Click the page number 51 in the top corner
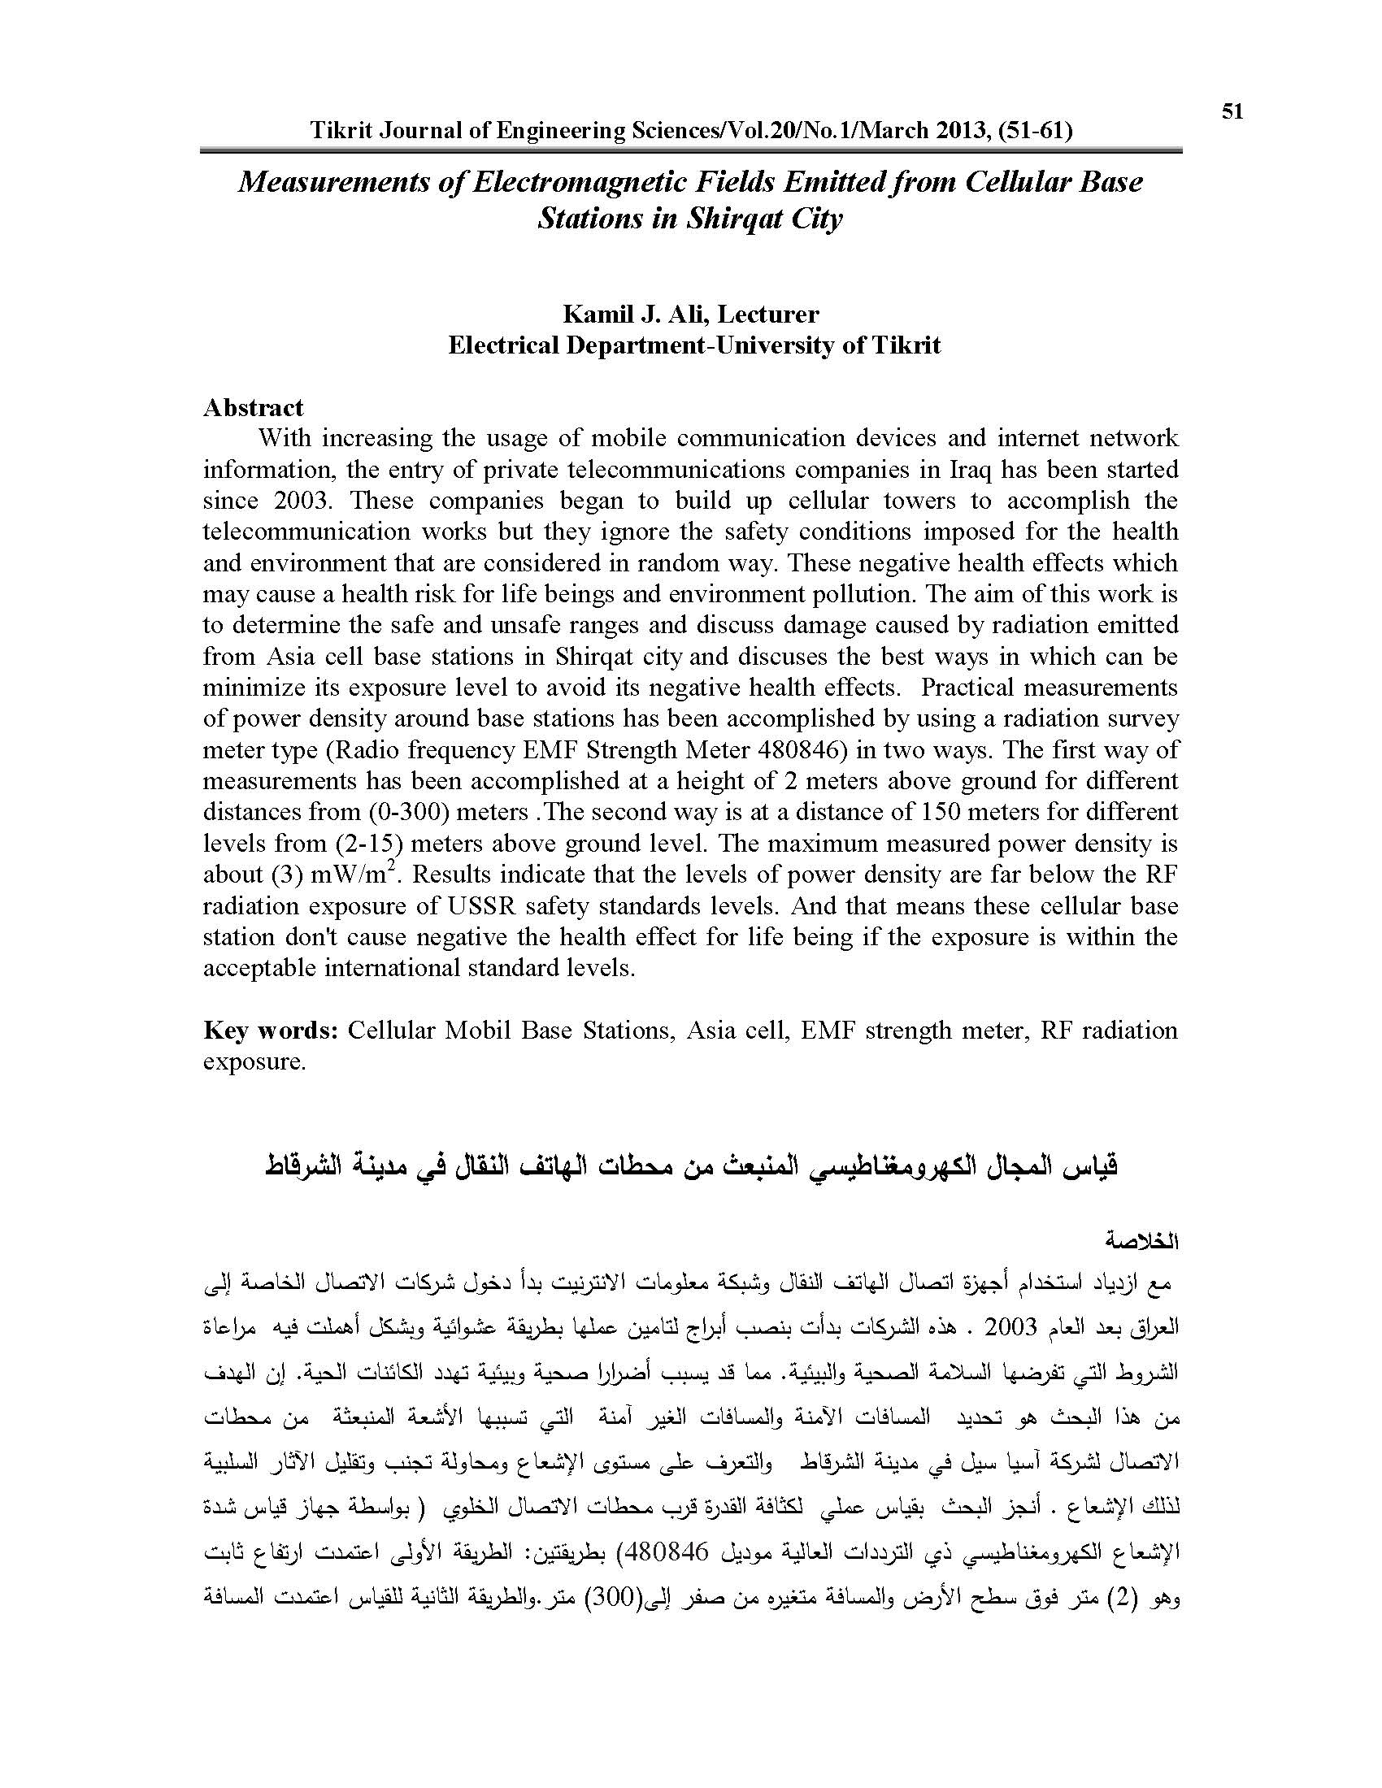tap(1232, 112)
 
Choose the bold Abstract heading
tap(253, 408)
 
